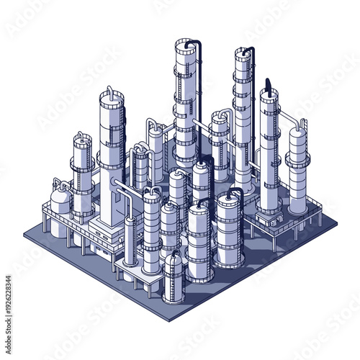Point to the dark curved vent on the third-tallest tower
click(x=268, y=84)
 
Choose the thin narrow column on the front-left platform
click(x=130, y=241)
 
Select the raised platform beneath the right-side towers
click(x=277, y=220)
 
